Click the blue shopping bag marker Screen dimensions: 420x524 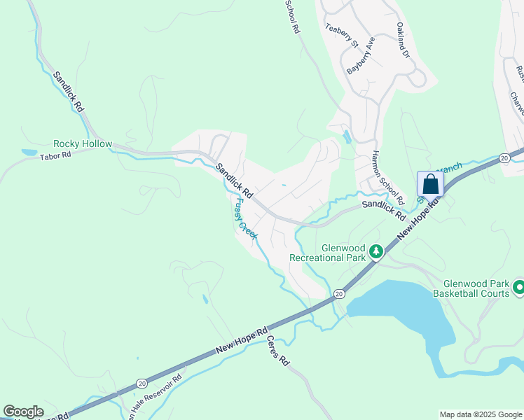click(x=431, y=185)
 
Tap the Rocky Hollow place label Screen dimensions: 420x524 click(x=83, y=143)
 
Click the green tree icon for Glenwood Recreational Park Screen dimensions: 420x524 click(x=375, y=251)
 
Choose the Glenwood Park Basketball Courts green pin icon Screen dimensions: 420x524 click(x=518, y=287)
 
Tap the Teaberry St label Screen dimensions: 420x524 click(x=342, y=36)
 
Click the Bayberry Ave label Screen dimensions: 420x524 click(x=361, y=56)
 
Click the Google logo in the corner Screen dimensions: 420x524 click(x=23, y=412)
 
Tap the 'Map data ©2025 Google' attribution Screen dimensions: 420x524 click(x=481, y=414)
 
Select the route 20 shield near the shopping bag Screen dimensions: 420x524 click(x=504, y=159)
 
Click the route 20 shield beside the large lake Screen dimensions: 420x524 click(x=338, y=294)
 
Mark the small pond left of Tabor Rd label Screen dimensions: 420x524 click(x=29, y=152)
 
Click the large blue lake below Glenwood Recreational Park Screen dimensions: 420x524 click(x=399, y=308)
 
